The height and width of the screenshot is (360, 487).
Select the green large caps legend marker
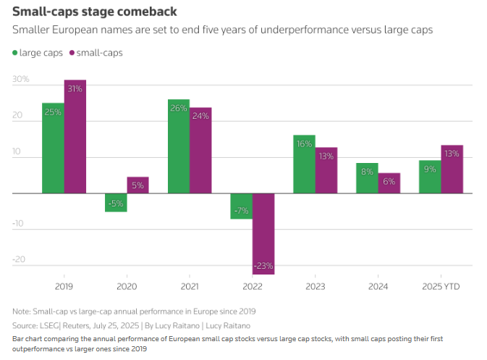(x=16, y=53)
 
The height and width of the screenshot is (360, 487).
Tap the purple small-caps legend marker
(x=72, y=53)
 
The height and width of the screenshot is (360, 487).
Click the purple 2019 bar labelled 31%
(x=75, y=137)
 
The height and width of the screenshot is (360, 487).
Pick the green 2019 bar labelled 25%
(x=53, y=148)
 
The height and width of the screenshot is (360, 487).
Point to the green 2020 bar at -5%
(x=116, y=203)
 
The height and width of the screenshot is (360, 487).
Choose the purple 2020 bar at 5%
(x=138, y=185)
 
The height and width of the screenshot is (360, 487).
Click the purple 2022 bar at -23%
(x=263, y=234)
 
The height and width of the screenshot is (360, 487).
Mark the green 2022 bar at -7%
(x=242, y=206)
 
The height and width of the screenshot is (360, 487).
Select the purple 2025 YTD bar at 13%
(x=452, y=169)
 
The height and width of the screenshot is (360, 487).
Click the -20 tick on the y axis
(x=20, y=259)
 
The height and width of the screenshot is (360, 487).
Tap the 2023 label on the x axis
(x=315, y=286)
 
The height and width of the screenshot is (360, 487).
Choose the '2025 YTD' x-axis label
(x=441, y=286)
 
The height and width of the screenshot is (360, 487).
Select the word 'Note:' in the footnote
(x=23, y=311)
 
